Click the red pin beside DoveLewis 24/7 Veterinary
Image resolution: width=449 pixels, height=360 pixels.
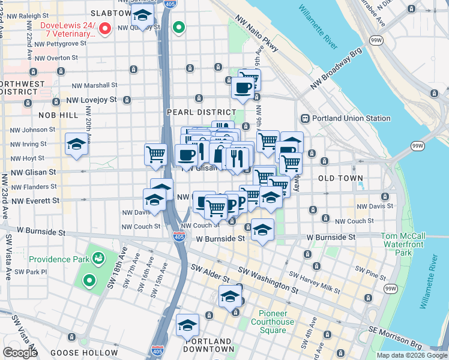(x=104, y=28)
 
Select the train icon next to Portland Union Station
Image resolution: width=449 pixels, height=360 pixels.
(x=305, y=118)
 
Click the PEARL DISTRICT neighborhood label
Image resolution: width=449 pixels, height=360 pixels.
(x=201, y=112)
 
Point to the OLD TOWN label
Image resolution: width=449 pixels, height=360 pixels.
(x=340, y=178)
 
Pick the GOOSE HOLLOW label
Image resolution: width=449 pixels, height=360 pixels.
(x=84, y=352)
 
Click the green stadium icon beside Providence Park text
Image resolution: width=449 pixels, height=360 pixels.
(x=98, y=259)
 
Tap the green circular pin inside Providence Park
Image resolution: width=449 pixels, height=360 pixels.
(x=89, y=280)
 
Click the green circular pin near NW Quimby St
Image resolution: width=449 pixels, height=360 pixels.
(x=178, y=27)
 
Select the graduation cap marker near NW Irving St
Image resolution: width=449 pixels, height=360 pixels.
(x=76, y=145)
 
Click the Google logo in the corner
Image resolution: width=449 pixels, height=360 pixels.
(x=20, y=353)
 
